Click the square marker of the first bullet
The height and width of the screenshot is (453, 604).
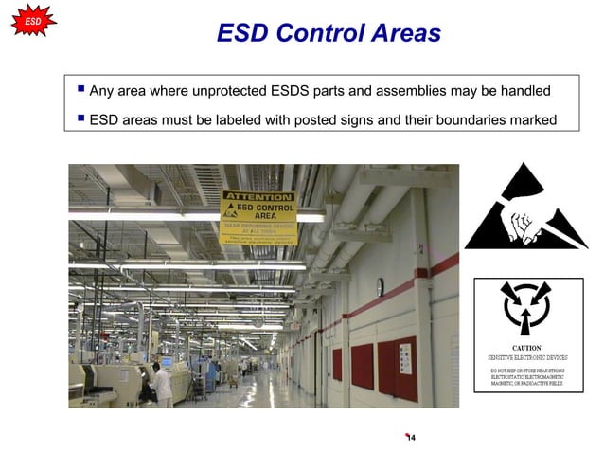click(80, 90)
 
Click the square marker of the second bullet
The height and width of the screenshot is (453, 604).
click(80, 118)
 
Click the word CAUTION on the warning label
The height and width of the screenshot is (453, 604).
click(526, 348)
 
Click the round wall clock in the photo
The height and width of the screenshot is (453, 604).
click(380, 286)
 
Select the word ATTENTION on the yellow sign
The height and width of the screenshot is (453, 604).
click(258, 197)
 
